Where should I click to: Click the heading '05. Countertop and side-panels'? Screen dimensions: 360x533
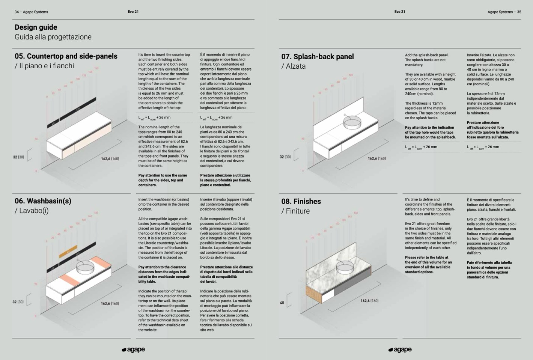pyautogui.click(x=66, y=56)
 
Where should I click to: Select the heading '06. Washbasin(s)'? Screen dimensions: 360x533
pyautogui.click(x=43, y=201)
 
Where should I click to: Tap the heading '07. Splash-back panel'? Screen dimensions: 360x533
pyautogui.click(x=317, y=57)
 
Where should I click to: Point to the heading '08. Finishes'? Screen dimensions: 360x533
pyautogui.click(x=301, y=202)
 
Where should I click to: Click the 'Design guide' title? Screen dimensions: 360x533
pyautogui.click(x=36, y=27)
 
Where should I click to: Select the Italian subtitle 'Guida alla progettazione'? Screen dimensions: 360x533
pyautogui.click(x=53, y=37)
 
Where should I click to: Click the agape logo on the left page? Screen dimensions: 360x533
pyautogui.click(x=133, y=349)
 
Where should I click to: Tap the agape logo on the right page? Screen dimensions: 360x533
pyautogui.click(x=400, y=349)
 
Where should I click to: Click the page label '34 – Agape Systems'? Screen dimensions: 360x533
pyautogui.click(x=31, y=12)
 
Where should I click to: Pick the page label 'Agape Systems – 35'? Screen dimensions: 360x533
pyautogui.click(x=504, y=12)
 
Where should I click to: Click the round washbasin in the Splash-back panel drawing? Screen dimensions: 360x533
pyautogui.click(x=352, y=122)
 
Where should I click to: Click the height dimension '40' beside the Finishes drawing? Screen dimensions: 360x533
pyautogui.click(x=282, y=303)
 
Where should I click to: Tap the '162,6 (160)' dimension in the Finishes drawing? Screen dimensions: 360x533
pyautogui.click(x=369, y=301)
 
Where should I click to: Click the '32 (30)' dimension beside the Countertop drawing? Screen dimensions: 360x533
pyautogui.click(x=18, y=157)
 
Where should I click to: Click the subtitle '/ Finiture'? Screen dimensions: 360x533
pyautogui.click(x=295, y=211)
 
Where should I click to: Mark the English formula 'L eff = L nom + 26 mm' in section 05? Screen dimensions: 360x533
pyautogui.click(x=154, y=117)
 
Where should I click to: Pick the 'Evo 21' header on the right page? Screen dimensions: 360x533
pyautogui.click(x=400, y=12)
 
